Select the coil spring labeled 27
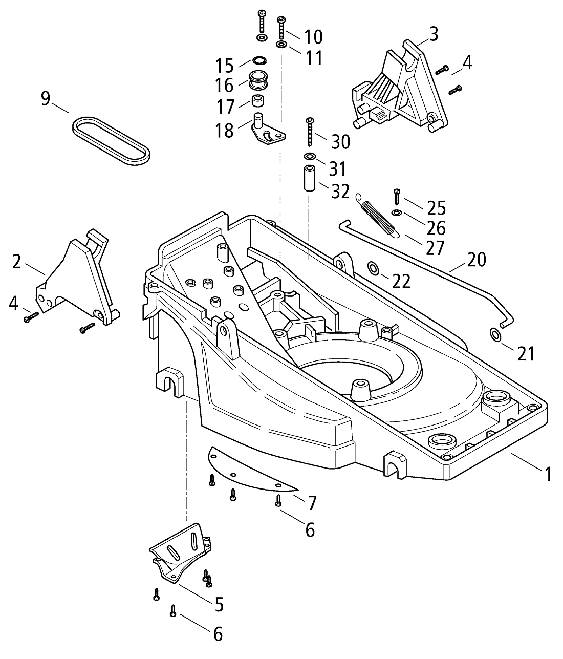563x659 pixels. coord(378,215)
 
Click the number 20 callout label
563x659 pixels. coord(476,260)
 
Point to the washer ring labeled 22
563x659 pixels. coord(373,267)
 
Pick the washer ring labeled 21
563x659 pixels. coord(496,335)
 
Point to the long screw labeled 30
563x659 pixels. coord(309,133)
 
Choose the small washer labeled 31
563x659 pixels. coord(309,156)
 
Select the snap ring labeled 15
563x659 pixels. coord(258,61)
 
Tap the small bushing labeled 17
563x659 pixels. coord(257,100)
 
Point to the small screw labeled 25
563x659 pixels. coord(397,196)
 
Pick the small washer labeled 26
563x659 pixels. coord(397,213)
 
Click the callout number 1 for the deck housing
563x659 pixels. coord(548,474)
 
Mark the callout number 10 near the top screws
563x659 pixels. coord(313,37)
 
